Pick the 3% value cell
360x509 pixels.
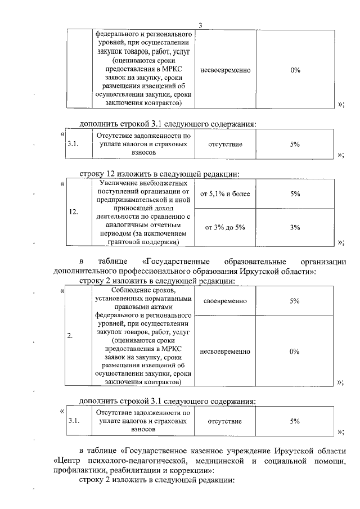295,227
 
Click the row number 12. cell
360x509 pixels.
73,213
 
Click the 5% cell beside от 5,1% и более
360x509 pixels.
295,194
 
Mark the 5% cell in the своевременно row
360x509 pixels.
295,301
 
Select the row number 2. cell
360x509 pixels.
70,336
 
